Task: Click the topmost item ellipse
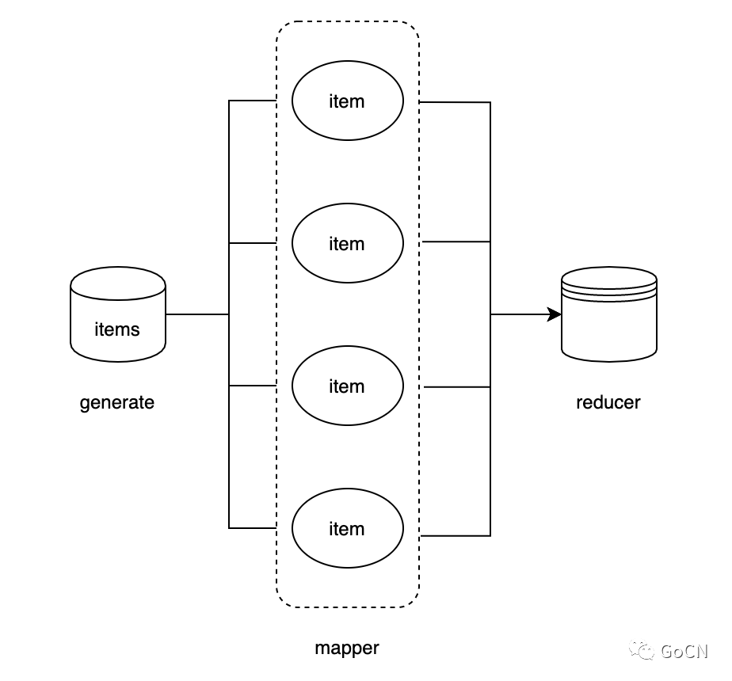[x=348, y=101]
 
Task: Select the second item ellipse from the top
[x=348, y=243]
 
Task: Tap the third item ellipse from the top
[x=348, y=386]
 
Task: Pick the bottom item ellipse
[x=348, y=528]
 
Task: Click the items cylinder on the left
[x=118, y=314]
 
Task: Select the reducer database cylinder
[x=609, y=314]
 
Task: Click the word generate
[x=117, y=402]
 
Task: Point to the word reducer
[x=608, y=402]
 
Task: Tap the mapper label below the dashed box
[x=347, y=648]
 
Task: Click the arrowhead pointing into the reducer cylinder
[x=555, y=314]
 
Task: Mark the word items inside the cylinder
[x=117, y=329]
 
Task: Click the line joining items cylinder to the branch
[x=197, y=314]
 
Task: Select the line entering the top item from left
[x=252, y=101]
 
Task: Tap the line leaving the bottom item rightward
[x=456, y=536]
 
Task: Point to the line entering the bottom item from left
[x=252, y=527]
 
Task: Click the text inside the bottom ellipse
[x=347, y=529]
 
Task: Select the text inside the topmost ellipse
[x=347, y=101]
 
